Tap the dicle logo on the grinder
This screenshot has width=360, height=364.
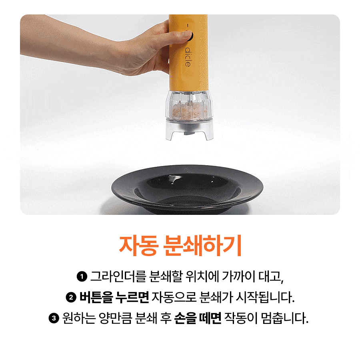[x=188, y=57]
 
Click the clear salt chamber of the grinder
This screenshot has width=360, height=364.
[x=189, y=105]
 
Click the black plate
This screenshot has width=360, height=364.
[x=187, y=189]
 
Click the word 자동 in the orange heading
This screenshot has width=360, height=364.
[x=138, y=246]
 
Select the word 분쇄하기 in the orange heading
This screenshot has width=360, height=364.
[x=202, y=246]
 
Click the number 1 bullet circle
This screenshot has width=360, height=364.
[x=82, y=277]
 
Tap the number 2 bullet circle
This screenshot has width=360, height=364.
[x=71, y=297]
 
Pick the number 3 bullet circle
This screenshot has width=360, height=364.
[x=54, y=318]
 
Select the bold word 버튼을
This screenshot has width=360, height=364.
[x=96, y=297]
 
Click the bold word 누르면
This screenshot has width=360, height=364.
[x=132, y=297]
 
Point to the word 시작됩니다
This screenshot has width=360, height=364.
[x=265, y=297]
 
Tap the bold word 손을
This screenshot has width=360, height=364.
[x=185, y=318]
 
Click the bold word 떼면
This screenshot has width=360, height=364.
[x=210, y=318]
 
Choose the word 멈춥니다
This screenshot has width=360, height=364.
[x=285, y=318]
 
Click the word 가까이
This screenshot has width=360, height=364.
[x=238, y=276]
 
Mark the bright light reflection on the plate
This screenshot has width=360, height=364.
[x=175, y=178]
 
